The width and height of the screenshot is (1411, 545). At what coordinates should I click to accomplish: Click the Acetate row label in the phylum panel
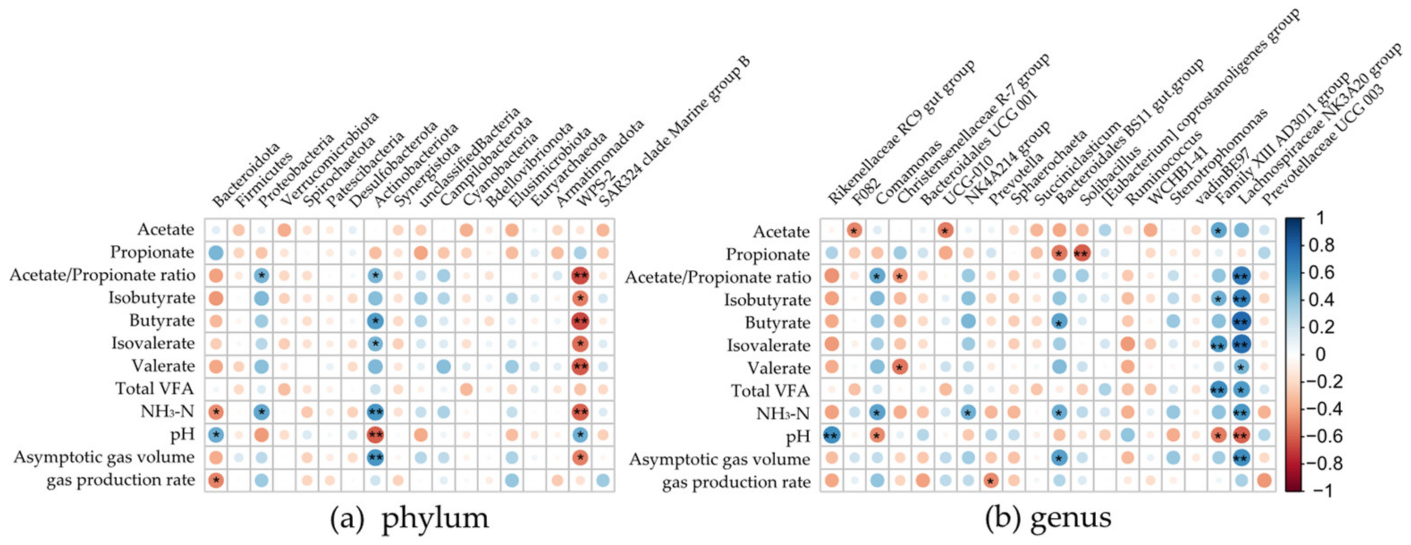tap(165, 229)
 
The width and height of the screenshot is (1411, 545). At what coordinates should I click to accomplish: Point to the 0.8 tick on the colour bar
tap(1321, 245)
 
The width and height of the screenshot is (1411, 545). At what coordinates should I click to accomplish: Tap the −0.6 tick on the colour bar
tap(1324, 436)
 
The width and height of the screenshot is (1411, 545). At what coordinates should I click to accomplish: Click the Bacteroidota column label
tap(245, 175)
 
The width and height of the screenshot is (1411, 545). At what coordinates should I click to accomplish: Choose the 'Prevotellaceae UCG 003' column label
tap(1323, 145)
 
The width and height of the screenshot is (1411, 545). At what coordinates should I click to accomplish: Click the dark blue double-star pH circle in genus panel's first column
tap(831, 435)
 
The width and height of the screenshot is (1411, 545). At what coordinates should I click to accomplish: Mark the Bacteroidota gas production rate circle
tap(216, 480)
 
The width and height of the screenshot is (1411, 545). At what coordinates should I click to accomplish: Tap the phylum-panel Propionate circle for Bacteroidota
tap(216, 253)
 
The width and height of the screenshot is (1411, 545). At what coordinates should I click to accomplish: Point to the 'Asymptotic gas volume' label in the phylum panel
tap(104, 457)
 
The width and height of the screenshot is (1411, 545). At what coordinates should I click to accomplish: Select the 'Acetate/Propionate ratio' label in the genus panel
tap(718, 277)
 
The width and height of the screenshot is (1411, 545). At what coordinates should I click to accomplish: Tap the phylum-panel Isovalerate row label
tap(153, 343)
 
